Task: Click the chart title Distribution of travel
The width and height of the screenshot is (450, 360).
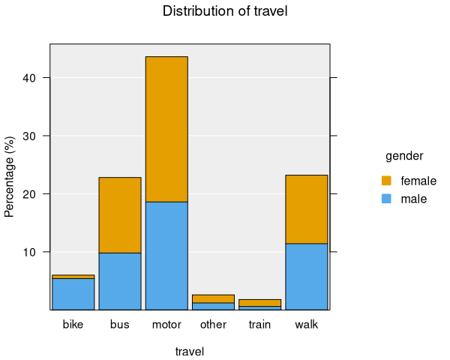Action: [225, 11]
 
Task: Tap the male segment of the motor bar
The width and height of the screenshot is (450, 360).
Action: [166, 255]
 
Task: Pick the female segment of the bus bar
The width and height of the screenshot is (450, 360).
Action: [120, 215]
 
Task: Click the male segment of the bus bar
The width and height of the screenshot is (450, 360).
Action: [120, 281]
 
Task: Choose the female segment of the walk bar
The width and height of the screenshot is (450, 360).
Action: [307, 209]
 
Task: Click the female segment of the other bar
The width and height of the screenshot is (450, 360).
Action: [213, 298]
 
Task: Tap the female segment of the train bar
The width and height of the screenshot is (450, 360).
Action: [259, 302]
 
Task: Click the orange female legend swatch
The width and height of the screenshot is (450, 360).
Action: [386, 181]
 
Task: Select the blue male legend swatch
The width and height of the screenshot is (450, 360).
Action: [386, 199]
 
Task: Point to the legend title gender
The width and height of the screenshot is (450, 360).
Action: [404, 156]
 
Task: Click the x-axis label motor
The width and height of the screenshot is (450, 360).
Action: [166, 325]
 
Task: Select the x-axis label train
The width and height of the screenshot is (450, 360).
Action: [259, 325]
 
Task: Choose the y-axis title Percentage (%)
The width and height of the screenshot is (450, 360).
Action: [10, 177]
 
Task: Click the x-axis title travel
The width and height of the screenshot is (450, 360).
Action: [190, 351]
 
